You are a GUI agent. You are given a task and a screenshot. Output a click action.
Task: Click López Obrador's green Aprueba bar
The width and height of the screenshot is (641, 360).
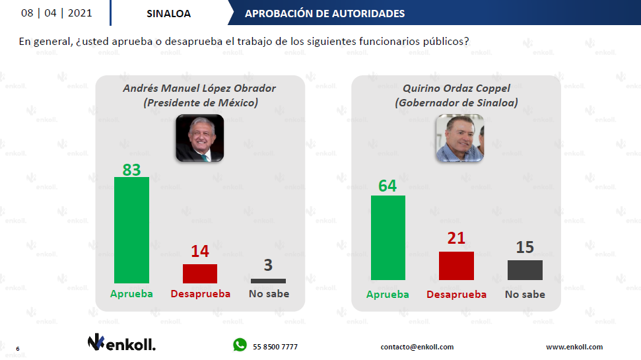(x=132, y=230)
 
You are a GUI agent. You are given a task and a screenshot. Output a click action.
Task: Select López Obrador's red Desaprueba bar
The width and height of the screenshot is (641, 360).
(x=200, y=273)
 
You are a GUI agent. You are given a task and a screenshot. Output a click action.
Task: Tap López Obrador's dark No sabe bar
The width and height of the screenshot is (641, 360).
(x=268, y=281)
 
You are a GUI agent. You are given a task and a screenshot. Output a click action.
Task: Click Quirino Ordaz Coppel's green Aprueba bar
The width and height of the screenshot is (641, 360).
(x=388, y=238)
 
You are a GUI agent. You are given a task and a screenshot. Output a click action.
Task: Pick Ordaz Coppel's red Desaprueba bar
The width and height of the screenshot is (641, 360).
(x=456, y=266)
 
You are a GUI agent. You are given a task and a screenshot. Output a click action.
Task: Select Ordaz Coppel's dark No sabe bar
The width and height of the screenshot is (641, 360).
(x=525, y=270)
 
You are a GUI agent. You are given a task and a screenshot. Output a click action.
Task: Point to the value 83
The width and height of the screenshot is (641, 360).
(x=132, y=170)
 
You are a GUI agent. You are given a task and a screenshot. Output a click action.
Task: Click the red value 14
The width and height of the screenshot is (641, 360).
(x=200, y=252)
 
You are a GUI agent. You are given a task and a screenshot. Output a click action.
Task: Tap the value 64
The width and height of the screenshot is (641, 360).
(x=388, y=186)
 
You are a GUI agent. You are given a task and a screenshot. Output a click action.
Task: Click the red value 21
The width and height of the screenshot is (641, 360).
(x=456, y=238)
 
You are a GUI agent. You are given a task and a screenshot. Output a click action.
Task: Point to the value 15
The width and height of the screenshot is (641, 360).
(x=525, y=248)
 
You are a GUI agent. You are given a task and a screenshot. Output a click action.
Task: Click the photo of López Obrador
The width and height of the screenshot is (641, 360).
(x=199, y=138)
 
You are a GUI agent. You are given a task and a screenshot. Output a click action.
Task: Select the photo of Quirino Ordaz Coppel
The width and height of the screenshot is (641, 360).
(x=459, y=138)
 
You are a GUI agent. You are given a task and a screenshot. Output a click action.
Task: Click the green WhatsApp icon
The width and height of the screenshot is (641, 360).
(x=239, y=345)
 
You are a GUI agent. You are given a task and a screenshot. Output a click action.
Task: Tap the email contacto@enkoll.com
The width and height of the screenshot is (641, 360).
(x=417, y=347)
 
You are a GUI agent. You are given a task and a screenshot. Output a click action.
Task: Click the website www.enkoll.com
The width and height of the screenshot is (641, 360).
(x=574, y=347)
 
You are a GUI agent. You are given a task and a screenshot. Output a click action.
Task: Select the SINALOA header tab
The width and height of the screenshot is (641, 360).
(x=168, y=13)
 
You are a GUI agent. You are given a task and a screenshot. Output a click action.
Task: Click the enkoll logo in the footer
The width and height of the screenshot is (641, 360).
(x=121, y=342)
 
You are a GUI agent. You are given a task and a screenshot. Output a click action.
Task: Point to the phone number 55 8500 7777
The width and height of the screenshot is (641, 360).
(x=275, y=347)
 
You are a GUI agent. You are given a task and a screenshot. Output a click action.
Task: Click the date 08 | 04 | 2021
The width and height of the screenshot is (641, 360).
(x=57, y=13)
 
